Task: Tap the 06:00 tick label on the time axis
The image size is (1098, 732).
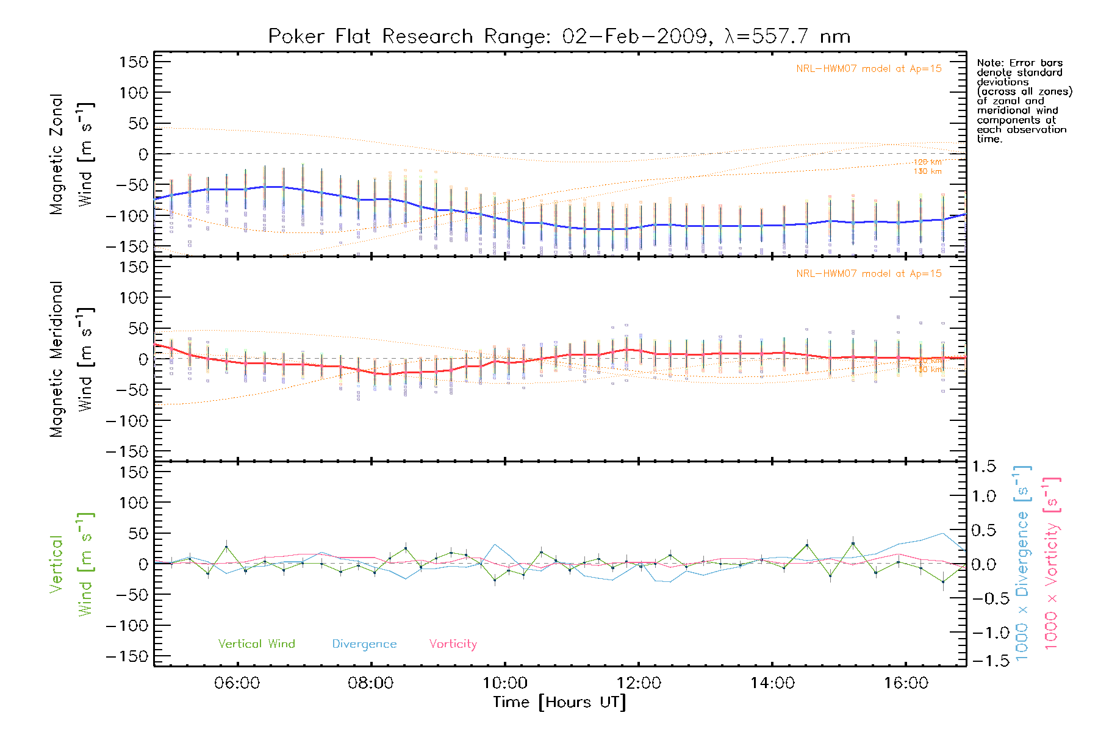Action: click(237, 683)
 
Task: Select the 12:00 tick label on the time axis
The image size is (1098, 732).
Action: click(639, 683)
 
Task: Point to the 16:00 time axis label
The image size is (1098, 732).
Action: click(906, 683)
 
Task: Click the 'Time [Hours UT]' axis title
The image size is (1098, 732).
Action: click(559, 703)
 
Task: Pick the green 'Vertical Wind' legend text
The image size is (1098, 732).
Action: click(256, 644)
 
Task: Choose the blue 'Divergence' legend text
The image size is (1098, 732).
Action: click(364, 644)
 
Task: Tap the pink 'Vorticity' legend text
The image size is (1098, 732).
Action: click(453, 644)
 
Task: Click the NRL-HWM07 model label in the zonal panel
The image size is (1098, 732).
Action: click(869, 69)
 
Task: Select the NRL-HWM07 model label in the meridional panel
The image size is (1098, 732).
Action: click(869, 274)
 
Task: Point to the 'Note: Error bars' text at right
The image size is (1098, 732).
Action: click(1019, 63)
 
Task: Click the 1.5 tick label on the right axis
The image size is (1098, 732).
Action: click(983, 467)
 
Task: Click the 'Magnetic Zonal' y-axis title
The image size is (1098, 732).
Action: click(57, 154)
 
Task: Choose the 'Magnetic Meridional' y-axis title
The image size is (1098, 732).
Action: click(57, 359)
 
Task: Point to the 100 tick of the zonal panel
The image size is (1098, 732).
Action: click(134, 93)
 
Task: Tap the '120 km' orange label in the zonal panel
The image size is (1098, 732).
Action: click(927, 162)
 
